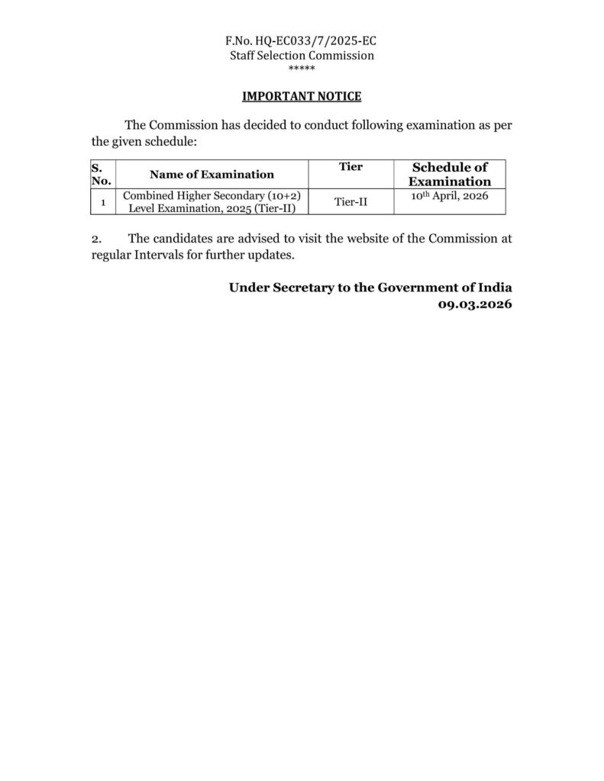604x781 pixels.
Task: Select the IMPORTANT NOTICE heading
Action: coord(302,96)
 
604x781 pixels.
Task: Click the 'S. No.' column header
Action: coord(101,174)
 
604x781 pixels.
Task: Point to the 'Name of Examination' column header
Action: coord(212,175)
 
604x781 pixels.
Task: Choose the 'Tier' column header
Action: coord(350,166)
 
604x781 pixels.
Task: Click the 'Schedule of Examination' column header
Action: coord(450,174)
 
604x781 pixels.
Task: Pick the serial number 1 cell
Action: coord(102,202)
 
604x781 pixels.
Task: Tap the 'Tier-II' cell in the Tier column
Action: coord(350,202)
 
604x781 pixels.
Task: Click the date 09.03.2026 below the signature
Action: coord(474,304)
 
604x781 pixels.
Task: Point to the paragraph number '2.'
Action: coord(97,239)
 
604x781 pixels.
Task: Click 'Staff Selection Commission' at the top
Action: coord(302,56)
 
